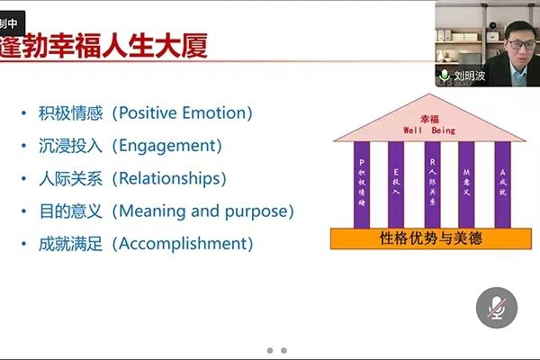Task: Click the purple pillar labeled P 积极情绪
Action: point(361,184)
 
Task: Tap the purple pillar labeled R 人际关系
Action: point(432,184)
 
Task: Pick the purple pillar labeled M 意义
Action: point(466,184)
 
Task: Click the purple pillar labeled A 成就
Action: point(501,184)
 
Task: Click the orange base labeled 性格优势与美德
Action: point(430,238)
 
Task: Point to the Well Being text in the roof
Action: point(430,130)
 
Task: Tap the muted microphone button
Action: point(496,308)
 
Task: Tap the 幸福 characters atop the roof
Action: point(430,118)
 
